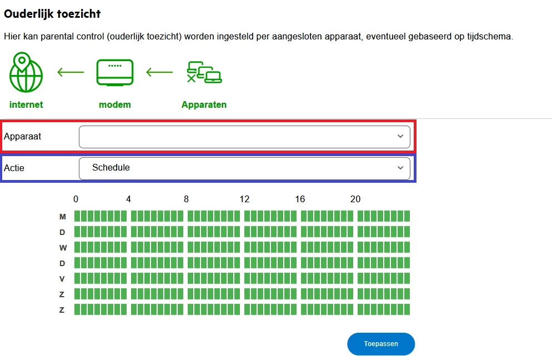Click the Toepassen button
(x=381, y=344)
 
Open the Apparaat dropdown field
(x=244, y=137)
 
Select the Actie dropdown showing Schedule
(x=244, y=168)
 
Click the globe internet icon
(x=26, y=72)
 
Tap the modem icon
(x=115, y=73)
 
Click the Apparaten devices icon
(x=204, y=72)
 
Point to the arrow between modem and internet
(x=71, y=72)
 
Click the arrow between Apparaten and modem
(x=159, y=72)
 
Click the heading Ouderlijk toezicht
(x=52, y=14)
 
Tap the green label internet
(x=26, y=104)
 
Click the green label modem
(x=115, y=104)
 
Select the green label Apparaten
(x=204, y=105)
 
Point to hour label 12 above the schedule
(x=244, y=199)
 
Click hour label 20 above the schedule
(x=355, y=199)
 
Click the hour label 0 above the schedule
(x=76, y=199)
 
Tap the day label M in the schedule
(x=63, y=217)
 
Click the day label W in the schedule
(x=63, y=248)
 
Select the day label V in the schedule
(x=62, y=279)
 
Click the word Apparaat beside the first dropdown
(x=23, y=136)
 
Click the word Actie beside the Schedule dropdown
(x=14, y=168)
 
